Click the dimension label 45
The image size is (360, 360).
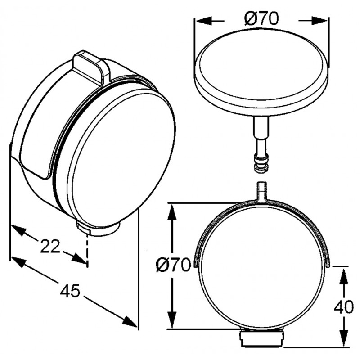(x=70, y=291)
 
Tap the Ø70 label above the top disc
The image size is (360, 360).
(x=261, y=18)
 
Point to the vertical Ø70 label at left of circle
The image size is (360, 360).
(x=173, y=265)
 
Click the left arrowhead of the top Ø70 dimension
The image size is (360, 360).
(x=204, y=21)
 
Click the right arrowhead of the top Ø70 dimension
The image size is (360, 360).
(x=319, y=21)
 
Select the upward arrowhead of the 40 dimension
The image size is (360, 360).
(x=344, y=277)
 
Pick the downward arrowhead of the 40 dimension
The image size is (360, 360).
(x=344, y=337)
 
